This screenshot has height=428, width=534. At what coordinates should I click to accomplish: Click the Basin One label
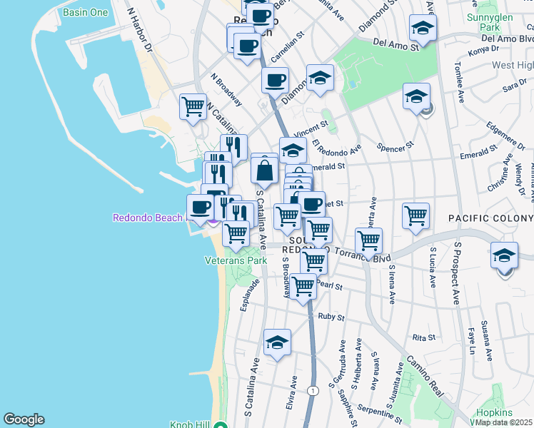pyautogui.click(x=86, y=13)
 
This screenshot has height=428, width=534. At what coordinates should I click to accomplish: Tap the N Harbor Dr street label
pyautogui.click(x=139, y=29)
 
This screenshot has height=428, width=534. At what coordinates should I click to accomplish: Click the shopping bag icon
pyautogui.click(x=264, y=171)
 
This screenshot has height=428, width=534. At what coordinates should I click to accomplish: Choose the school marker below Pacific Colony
pyautogui.click(x=504, y=255)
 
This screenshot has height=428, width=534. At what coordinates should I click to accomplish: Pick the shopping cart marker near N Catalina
pyautogui.click(x=193, y=107)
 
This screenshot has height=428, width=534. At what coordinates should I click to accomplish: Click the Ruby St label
pyautogui.click(x=331, y=317)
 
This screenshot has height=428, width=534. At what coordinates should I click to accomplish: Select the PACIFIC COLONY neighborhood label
pyautogui.click(x=490, y=217)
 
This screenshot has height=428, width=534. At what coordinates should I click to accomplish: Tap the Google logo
pyautogui.click(x=24, y=419)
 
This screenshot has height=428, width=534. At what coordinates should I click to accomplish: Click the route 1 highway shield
pyautogui.click(x=313, y=390)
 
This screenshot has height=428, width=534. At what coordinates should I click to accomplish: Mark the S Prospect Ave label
pyautogui.click(x=457, y=273)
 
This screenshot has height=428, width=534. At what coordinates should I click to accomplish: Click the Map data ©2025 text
pyautogui.click(x=504, y=422)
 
